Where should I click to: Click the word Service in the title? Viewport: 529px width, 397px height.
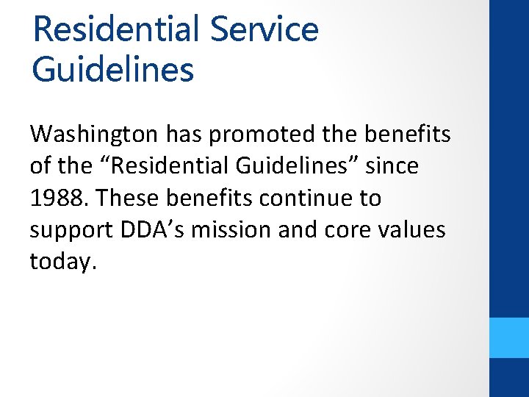pos(264,29)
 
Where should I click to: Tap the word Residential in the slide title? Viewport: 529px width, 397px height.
pos(115,29)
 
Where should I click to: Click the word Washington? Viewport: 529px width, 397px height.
pos(93,135)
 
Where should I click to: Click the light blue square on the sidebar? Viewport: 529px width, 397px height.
pos(509,337)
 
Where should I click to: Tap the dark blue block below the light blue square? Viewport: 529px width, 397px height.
pos(509,378)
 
